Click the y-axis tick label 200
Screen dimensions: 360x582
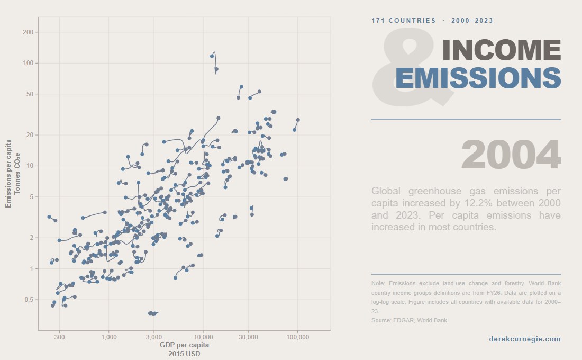pyautogui.click(x=28, y=32)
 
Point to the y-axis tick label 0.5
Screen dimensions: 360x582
pyautogui.click(x=28, y=300)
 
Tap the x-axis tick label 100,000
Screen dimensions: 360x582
pyautogui.click(x=297, y=337)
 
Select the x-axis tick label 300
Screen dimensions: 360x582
pyautogui.click(x=59, y=337)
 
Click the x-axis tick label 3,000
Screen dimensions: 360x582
pyautogui.click(x=153, y=337)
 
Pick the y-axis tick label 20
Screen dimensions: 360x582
pyautogui.click(x=29, y=135)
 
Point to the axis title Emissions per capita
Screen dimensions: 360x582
pyautogui.click(x=8, y=173)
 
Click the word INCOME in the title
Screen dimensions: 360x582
pyautogui.click(x=501, y=50)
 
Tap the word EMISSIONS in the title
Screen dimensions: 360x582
pyautogui.click(x=478, y=78)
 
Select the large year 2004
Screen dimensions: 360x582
pyautogui.click(x=511, y=155)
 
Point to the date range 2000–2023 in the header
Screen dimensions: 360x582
pyautogui.click(x=472, y=21)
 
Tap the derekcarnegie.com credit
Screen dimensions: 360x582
pyautogui.click(x=524, y=339)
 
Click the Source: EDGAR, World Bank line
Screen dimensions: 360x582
pyautogui.click(x=410, y=320)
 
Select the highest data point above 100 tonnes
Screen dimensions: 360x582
pyautogui.click(x=212, y=56)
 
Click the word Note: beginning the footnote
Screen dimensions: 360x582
pyautogui.click(x=379, y=284)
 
